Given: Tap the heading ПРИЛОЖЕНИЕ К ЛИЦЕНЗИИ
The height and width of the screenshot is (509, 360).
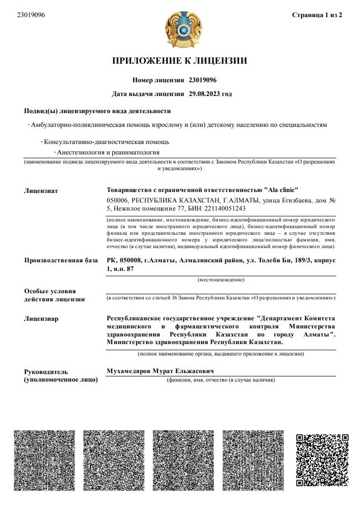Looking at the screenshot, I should coord(180,61).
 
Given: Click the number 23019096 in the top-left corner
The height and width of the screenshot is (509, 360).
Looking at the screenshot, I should coord(31,15).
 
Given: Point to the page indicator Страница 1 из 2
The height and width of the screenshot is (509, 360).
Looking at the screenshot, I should coord(317,15).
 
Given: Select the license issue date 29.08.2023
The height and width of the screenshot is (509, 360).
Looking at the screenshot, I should coord(205,94).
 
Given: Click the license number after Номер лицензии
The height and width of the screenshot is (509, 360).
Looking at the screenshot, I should coord(203,80).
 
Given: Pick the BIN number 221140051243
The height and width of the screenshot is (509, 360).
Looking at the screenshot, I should coord(224,208).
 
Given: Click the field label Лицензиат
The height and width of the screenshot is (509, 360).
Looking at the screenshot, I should coord(41,191).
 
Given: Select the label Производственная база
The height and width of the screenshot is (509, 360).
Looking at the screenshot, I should coord(61,260).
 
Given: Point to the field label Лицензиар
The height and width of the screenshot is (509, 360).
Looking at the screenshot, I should coord(41,318).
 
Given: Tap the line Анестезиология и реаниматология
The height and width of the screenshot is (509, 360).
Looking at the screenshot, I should coord(108,153).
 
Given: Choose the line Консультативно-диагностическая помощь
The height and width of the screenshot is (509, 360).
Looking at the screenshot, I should coord(106,142).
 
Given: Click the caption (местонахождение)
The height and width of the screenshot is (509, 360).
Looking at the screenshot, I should coord(221,279).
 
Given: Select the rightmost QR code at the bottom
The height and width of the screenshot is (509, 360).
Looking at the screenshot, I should coord(322,460).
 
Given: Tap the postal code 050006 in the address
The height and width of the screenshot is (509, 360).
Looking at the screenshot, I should coord(117,201).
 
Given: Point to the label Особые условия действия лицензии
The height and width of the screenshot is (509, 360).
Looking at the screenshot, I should coord(54,295).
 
